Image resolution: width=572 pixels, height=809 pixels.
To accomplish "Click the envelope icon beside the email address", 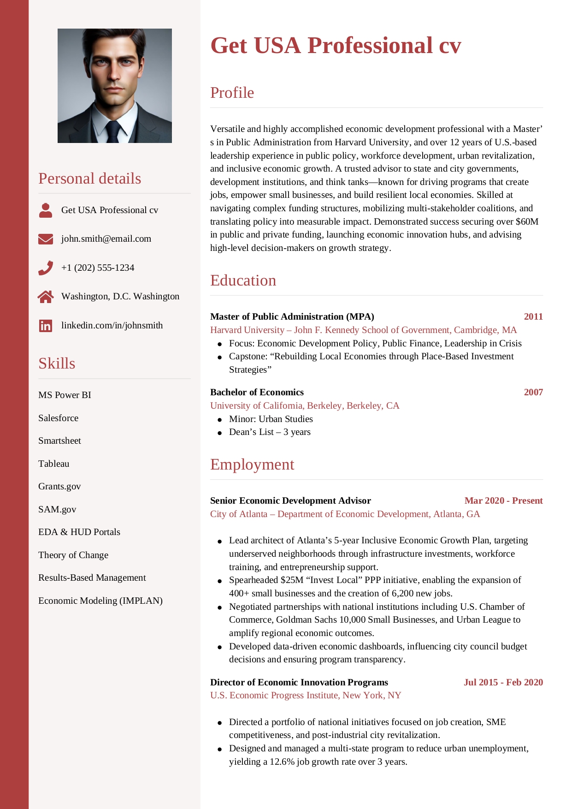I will (x=46, y=239).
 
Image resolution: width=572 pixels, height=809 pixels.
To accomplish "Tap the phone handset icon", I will (x=46, y=268).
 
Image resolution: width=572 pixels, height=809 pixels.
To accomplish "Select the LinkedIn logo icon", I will (x=46, y=326).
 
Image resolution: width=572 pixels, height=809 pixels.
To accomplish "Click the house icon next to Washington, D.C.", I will (x=46, y=297).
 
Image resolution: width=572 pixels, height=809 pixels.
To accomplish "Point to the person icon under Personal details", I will (x=46, y=210).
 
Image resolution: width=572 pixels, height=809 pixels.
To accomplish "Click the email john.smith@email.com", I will (x=106, y=239).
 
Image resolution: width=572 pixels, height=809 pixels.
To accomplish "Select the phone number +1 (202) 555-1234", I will (x=98, y=268).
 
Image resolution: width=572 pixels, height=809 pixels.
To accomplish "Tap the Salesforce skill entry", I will (x=59, y=418).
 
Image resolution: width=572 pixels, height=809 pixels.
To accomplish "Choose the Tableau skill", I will (x=54, y=464).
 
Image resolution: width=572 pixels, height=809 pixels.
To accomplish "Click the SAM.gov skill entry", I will (x=57, y=510).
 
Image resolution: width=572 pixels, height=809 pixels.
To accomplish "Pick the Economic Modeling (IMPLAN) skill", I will (x=100, y=601).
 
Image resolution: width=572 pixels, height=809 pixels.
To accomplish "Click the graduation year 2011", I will (x=533, y=317).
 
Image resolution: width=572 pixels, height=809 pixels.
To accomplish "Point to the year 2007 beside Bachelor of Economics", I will (x=533, y=393).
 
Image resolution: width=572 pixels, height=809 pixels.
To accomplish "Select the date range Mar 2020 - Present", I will (x=503, y=501).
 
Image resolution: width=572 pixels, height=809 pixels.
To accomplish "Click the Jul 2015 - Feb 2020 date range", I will (x=503, y=683).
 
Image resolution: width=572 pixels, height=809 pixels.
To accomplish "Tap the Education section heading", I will (x=243, y=280).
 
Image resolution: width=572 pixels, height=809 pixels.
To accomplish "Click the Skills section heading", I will (x=57, y=363).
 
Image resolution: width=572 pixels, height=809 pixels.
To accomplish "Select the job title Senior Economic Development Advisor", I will (x=290, y=501).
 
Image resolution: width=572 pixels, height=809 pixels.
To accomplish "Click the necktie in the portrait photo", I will (x=112, y=131).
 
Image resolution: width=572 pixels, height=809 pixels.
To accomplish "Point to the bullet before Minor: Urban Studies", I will (x=220, y=420).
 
